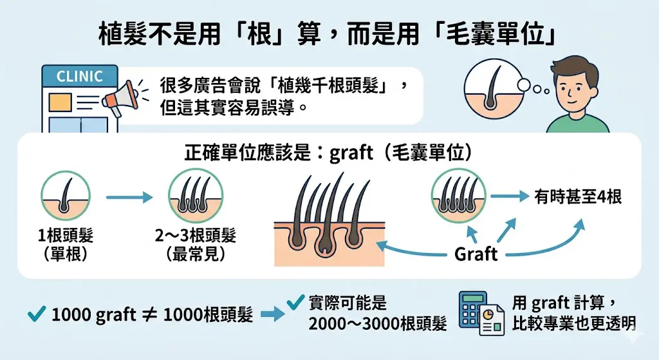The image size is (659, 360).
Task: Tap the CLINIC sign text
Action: [79, 76]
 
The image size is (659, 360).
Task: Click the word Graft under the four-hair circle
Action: [476, 254]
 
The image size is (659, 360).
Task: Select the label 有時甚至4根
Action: [578, 197]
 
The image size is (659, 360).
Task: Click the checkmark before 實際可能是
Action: [295, 301]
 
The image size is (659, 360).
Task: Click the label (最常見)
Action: [195, 254]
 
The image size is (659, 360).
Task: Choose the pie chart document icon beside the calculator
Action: [492, 319]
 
